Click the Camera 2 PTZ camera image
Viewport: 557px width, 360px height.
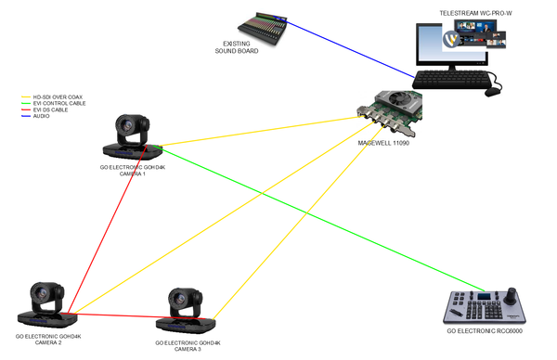45,305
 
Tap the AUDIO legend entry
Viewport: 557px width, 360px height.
42,117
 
